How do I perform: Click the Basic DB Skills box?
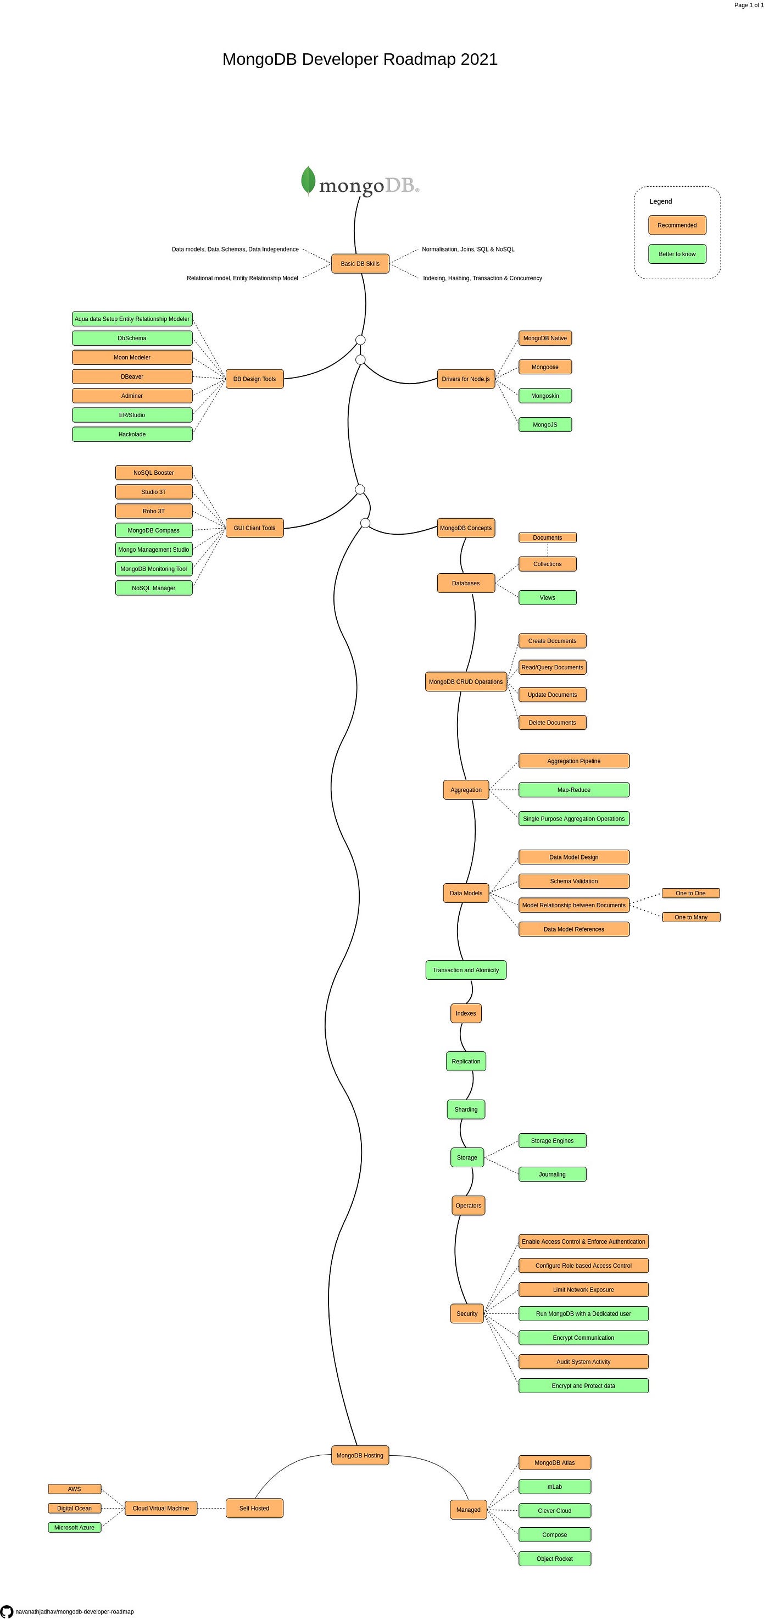pos(360,263)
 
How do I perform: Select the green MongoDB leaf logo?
pos(308,180)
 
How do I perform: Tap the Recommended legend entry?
pos(677,225)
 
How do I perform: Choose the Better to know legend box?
pos(677,254)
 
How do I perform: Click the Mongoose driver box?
pos(545,367)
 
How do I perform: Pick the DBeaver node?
pos(132,376)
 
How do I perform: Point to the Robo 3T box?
pos(153,511)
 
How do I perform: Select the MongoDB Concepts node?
pos(466,528)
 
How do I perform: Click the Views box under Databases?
pos(547,598)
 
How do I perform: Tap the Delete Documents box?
pos(551,723)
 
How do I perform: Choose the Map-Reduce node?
pos(573,790)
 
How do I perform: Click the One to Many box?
pos(690,917)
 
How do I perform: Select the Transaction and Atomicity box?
pos(466,970)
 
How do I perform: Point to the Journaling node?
pos(551,1174)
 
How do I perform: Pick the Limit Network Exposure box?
pos(583,1290)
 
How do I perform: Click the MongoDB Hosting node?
pos(360,1455)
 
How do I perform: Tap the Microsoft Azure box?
pos(74,1527)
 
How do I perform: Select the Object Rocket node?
pos(554,1559)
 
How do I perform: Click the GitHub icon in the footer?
pos(6,1611)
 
